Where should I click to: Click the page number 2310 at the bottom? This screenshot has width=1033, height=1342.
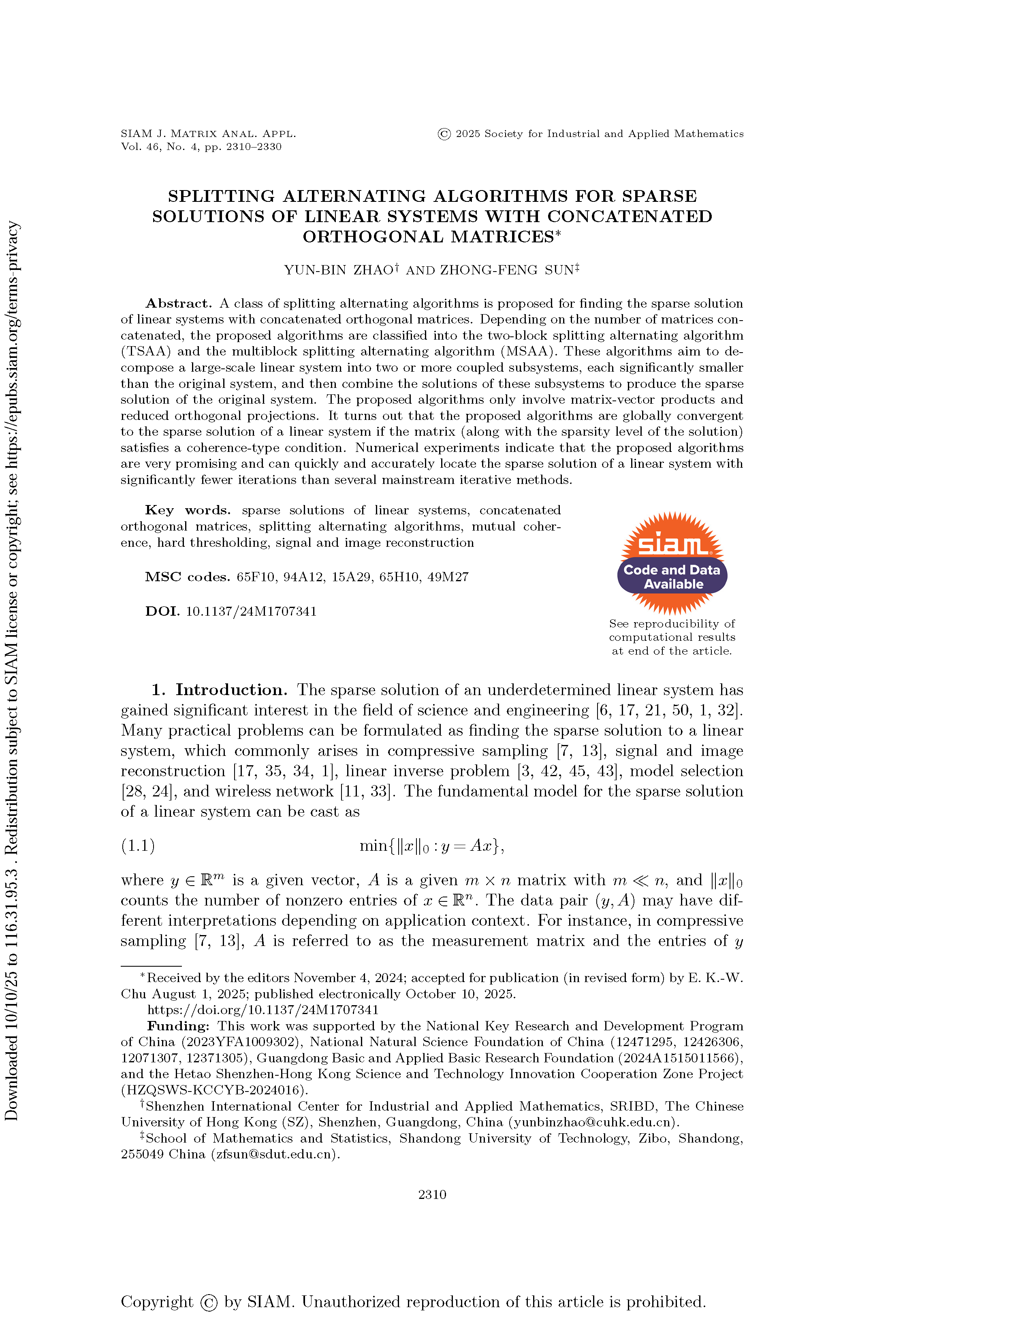tap(432, 1194)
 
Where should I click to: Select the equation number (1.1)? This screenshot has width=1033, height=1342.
tap(138, 845)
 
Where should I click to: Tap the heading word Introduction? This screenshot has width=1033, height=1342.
tap(231, 689)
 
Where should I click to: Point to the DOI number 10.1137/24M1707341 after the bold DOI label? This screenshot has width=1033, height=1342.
tap(251, 611)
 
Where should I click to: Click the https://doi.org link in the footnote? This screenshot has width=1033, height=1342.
tap(263, 1010)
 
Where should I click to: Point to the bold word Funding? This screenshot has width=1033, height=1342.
tap(178, 1025)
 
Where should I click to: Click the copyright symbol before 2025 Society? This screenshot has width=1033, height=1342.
tap(444, 134)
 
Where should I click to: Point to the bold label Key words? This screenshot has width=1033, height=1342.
tap(187, 510)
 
